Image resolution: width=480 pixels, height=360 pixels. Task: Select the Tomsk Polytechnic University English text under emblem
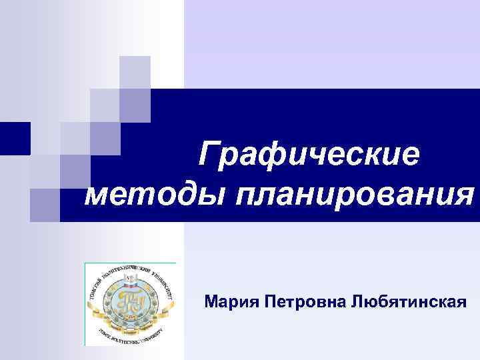[131, 335]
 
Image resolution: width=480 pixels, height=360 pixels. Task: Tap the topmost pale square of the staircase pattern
[135, 72]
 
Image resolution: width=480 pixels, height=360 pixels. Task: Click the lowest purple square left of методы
[45, 204]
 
